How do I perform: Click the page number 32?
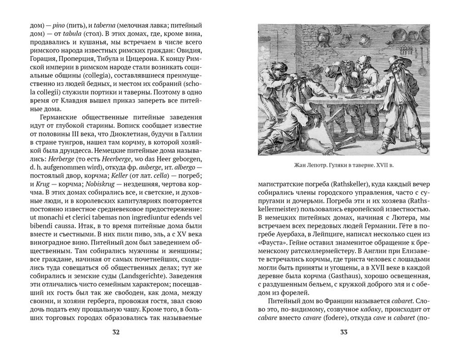[115, 332]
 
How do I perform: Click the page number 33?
[344, 332]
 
